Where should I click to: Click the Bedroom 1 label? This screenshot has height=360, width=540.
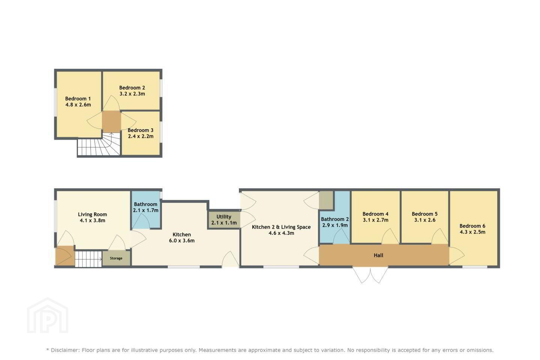78,99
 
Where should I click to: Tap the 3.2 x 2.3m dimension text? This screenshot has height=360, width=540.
132,94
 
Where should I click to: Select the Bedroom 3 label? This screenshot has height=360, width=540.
140,130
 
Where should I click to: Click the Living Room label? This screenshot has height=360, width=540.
92,214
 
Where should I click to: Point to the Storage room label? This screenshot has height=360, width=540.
116,258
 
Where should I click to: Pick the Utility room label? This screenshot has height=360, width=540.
224,217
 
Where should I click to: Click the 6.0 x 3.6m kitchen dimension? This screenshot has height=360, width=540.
182,241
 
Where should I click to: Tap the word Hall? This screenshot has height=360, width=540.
378,255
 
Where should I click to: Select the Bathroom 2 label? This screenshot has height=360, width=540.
335,219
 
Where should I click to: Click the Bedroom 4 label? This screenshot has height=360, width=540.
375,214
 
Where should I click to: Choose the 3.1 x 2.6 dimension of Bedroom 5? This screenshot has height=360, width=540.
425,220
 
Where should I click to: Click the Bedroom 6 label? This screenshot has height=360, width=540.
472,226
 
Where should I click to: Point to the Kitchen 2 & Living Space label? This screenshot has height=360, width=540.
281,227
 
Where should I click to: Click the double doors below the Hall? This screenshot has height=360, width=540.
370,275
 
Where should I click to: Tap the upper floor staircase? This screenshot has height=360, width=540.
99,144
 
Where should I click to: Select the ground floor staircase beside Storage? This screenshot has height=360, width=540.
88,259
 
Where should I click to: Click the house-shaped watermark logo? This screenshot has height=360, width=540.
48,315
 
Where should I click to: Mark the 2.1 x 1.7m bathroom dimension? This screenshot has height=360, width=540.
145,210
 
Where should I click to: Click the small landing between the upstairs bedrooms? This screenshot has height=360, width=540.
111,121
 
